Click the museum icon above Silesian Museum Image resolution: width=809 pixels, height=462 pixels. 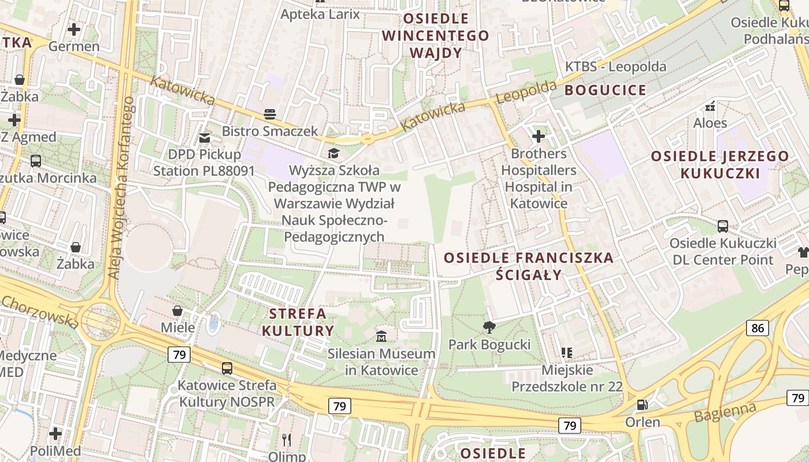point(381,336)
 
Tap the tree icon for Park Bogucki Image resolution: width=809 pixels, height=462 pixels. point(489,327)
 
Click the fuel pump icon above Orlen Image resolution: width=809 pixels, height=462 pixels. point(642,405)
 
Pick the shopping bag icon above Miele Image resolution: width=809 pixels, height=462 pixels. point(177,311)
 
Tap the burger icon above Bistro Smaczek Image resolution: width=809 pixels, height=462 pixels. point(270,114)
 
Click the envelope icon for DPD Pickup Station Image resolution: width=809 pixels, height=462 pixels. point(205,137)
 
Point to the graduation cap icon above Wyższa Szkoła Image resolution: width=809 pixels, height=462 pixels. point(334,153)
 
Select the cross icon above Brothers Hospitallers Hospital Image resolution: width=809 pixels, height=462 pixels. point(539,136)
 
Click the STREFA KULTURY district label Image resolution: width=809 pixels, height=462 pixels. point(298,322)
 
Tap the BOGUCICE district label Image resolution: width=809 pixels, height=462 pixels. point(606,90)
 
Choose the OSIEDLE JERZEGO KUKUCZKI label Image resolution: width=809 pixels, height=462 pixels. point(720,165)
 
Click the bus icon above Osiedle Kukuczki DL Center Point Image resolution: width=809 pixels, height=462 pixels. point(723,226)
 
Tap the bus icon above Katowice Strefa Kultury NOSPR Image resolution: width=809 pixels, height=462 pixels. point(227,368)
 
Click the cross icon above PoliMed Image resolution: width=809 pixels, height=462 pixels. point(55,433)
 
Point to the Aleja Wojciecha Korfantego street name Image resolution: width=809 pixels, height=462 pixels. point(120,188)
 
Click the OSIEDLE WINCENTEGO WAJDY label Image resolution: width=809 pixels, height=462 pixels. point(436,36)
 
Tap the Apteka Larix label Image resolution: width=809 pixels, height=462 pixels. point(320,14)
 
